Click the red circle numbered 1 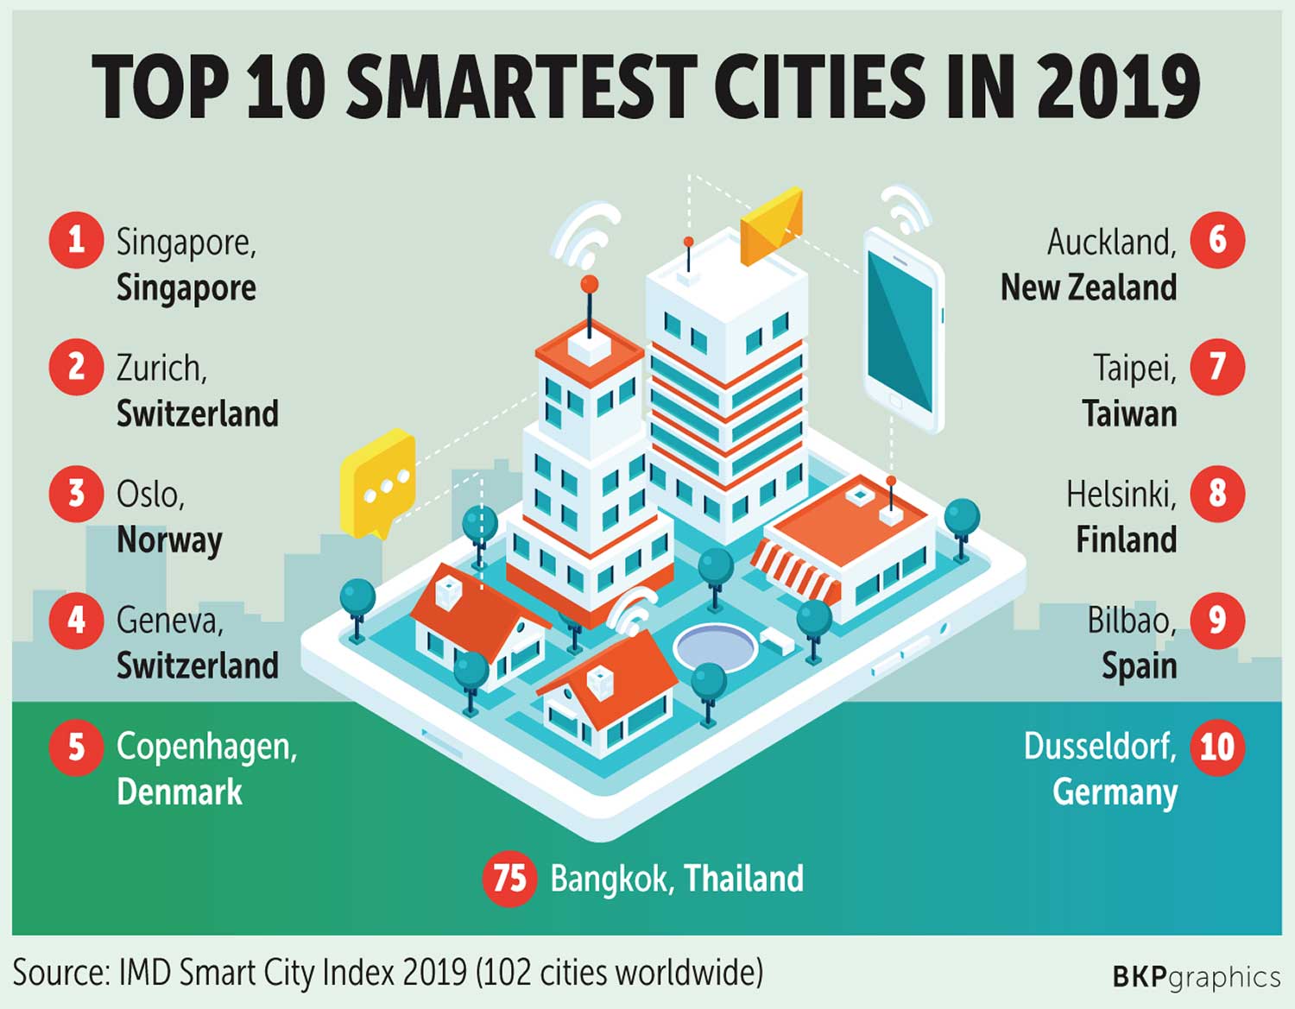tap(76, 240)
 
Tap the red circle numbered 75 tap(509, 879)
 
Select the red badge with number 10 tap(1217, 747)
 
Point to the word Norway tap(169, 540)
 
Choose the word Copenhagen tap(206, 747)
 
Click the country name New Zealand tap(1088, 287)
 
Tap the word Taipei tap(1134, 369)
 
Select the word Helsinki tap(1121, 495)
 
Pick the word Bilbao tap(1131, 621)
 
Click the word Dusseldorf tap(1099, 747)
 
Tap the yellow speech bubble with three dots tap(379, 482)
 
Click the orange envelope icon tap(772, 226)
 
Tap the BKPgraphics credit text tap(1196, 977)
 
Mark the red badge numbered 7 tap(1217, 367)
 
